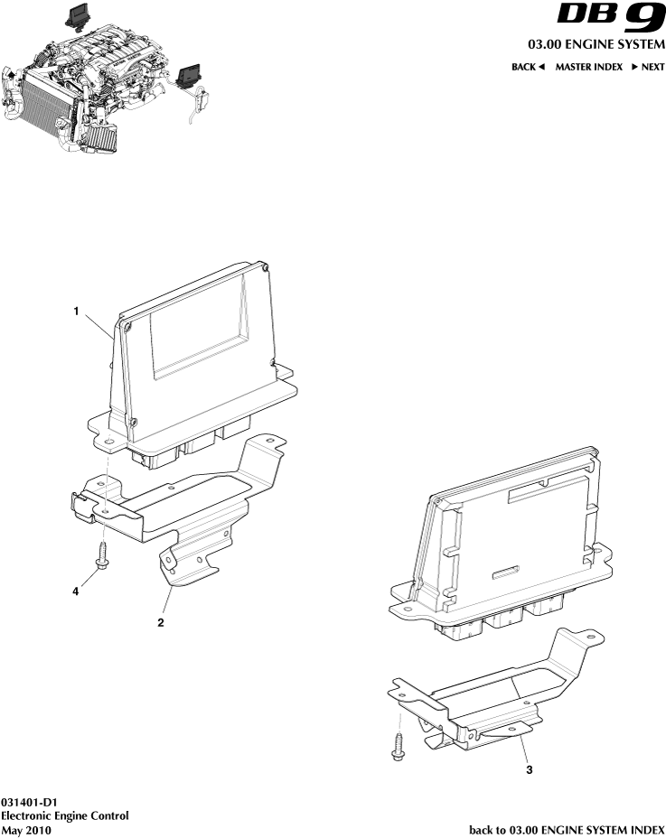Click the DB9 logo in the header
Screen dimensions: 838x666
pyautogui.click(x=610, y=18)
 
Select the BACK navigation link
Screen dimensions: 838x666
pyautogui.click(x=529, y=67)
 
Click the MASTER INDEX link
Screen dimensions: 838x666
pyautogui.click(x=588, y=67)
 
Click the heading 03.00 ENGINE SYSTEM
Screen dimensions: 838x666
pyautogui.click(x=596, y=44)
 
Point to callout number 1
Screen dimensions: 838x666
pyautogui.click(x=78, y=311)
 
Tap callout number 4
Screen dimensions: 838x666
pyautogui.click(x=76, y=591)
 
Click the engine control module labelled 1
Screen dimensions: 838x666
pyautogui.click(x=194, y=361)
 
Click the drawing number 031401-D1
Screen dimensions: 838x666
pyautogui.click(x=30, y=802)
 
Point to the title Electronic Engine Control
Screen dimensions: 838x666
pyautogui.click(x=64, y=815)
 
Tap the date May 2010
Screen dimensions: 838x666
pyautogui.click(x=26, y=829)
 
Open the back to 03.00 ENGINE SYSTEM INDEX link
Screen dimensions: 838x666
pyautogui.click(x=567, y=829)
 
